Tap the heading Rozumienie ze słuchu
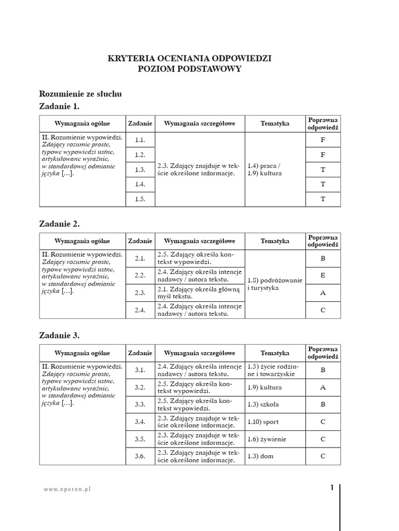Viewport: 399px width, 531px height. pos(81,94)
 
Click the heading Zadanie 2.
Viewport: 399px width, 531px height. pos(59,224)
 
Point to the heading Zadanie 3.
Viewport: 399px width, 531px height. pos(59,335)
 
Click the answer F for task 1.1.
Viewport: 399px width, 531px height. pos(323,140)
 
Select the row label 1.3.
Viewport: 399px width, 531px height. pos(140,170)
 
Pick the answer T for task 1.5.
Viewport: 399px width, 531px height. pos(323,199)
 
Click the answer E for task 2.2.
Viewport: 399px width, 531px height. pos(323,275)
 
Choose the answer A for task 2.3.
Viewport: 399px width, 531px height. pos(323,293)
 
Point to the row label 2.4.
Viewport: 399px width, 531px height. pos(140,310)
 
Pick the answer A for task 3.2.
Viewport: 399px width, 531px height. pos(323,387)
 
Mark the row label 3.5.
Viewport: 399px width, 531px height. pos(140,439)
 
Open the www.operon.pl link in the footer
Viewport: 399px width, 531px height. pos(67,489)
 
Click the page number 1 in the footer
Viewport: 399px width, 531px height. pos(331,488)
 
